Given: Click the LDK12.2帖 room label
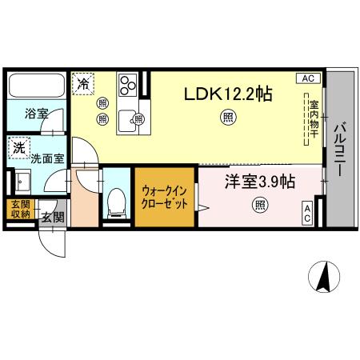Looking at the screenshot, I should [x=228, y=94].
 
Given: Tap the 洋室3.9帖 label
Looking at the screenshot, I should [x=258, y=182].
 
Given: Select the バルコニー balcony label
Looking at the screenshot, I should [x=339, y=149].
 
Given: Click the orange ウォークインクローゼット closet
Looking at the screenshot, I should [x=165, y=198].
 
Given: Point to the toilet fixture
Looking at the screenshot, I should [x=117, y=202].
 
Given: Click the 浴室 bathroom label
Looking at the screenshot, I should [x=34, y=113].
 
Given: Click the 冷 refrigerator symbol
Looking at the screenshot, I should [x=82, y=82].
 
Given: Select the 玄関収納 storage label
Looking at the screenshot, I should [x=19, y=209].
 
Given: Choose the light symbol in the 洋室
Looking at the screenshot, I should [x=261, y=206].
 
